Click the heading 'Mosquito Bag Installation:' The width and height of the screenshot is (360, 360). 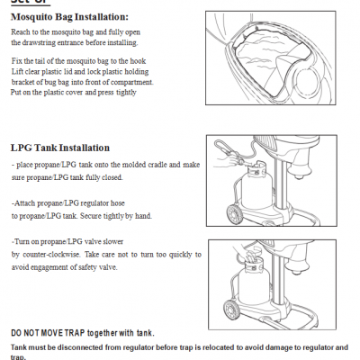point(69,17)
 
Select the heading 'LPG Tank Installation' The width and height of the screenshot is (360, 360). point(60,148)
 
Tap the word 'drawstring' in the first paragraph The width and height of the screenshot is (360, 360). point(39,42)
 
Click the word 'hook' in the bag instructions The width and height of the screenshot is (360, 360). point(138,61)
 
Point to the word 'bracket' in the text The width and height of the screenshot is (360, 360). point(22,82)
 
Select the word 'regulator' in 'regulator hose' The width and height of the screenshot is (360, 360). point(94,203)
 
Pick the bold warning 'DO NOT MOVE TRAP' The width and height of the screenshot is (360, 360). point(48,333)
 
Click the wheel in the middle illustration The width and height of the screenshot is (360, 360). point(233,214)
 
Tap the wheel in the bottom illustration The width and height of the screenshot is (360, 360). point(231,310)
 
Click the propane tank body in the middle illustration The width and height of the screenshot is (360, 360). point(256,189)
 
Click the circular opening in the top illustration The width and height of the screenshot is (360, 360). point(306,79)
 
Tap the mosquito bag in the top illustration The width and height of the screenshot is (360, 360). point(271,60)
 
